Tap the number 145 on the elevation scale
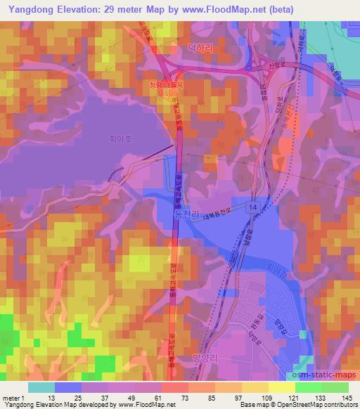347,398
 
